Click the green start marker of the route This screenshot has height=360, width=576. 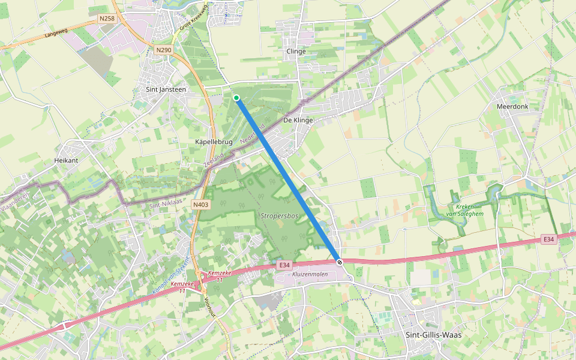(x=236, y=98)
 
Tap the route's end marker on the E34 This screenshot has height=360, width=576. (x=340, y=262)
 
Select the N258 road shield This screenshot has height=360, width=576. (x=107, y=19)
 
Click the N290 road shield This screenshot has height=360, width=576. (x=163, y=50)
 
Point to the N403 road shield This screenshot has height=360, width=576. (x=201, y=205)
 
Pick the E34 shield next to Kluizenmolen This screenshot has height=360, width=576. (x=284, y=264)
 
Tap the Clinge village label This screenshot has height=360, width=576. (x=296, y=52)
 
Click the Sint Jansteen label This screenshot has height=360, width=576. (x=166, y=89)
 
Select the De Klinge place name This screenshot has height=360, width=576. (x=298, y=120)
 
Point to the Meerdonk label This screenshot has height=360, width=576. (x=512, y=106)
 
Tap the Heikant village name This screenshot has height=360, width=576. (x=66, y=161)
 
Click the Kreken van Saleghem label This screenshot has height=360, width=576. (x=461, y=210)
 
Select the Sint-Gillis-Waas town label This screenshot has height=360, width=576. (x=434, y=335)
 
